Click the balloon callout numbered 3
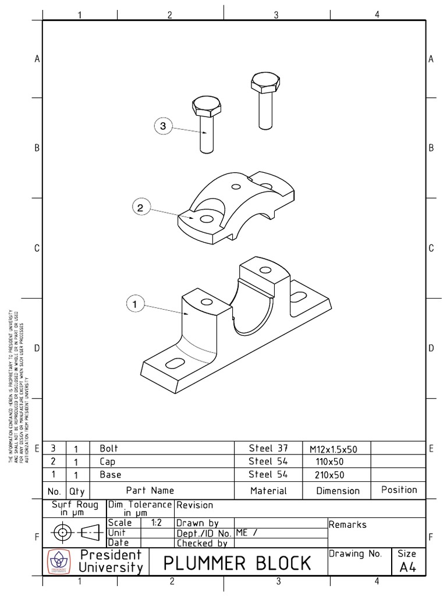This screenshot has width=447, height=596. tap(163, 126)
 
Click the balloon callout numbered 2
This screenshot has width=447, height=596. tap(141, 207)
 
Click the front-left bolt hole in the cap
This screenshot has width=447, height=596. tap(206, 219)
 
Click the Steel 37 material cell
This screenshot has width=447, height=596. tap(268, 448)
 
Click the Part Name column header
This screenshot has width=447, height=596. tap(150, 491)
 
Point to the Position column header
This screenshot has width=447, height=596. tap(399, 490)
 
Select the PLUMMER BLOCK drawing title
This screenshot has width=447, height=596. tap(237, 563)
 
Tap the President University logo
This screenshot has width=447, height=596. tap(59, 562)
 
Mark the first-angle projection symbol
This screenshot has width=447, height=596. tap(74, 531)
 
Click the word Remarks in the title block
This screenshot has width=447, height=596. tap(347, 524)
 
